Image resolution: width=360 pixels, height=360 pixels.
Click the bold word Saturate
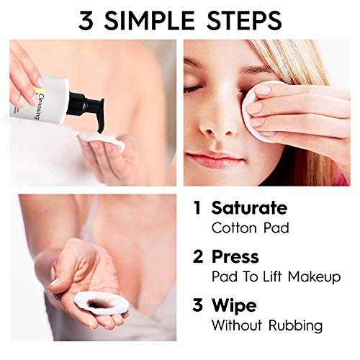(x=249, y=209)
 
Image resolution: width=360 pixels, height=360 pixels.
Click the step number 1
(x=197, y=209)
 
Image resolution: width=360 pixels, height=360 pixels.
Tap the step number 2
(x=198, y=256)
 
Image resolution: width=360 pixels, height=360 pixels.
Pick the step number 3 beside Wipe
(x=198, y=305)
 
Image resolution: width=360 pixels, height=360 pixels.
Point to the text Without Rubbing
(x=266, y=325)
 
